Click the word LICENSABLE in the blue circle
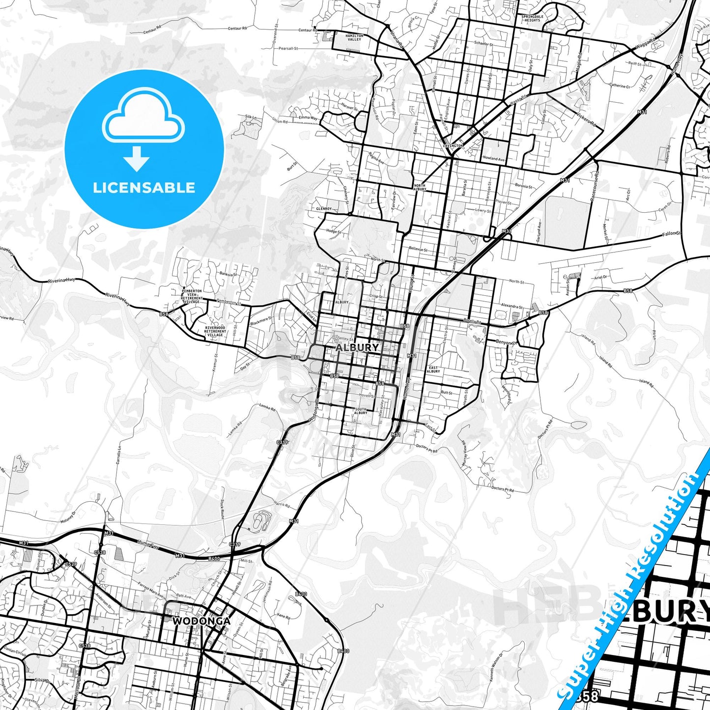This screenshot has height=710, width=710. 144,188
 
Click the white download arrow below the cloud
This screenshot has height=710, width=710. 137,159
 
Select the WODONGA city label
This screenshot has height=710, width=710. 201,621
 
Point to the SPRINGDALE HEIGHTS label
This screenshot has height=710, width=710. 533,18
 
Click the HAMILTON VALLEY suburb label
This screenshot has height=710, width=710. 354,37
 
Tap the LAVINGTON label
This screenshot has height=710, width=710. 453,146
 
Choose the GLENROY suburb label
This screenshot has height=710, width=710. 324,209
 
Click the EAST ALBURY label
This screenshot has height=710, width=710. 433,369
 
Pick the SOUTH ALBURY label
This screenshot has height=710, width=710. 361,411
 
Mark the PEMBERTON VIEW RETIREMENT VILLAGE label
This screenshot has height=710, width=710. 192,296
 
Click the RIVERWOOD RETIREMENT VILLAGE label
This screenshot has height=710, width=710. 215,331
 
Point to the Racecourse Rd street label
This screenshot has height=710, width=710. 595,187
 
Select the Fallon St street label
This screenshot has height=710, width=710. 672,234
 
